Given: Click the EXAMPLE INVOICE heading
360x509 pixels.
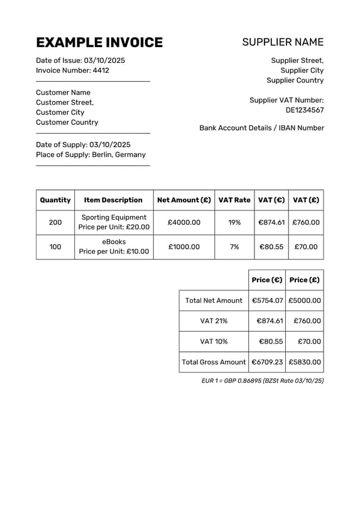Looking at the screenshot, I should (99, 43).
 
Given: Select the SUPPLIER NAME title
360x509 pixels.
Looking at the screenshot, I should (283, 43).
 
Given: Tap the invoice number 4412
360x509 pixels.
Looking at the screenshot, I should (101, 70).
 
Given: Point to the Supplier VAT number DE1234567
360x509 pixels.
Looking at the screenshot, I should (305, 110).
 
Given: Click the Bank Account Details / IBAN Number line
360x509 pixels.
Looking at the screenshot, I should (261, 128).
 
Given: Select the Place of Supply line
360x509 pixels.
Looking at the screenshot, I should (90, 155).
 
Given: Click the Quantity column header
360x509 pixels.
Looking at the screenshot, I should (55, 200).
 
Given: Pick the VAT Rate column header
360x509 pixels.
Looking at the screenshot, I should (234, 200).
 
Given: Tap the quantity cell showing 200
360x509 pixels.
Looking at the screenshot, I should (55, 222).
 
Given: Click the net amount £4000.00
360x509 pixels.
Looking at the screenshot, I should (184, 222).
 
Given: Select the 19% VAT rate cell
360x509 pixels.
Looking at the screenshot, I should (234, 222).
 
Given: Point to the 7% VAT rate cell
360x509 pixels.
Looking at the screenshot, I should (234, 247).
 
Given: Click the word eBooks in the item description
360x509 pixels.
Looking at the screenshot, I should (114, 242).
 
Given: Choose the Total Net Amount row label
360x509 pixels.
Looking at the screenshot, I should (214, 300).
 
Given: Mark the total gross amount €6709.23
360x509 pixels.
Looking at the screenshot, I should (268, 362).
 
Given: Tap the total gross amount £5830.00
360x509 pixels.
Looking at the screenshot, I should (305, 362).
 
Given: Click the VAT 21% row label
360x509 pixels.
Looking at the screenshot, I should (214, 321).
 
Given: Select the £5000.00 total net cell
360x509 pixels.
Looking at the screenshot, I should (305, 300).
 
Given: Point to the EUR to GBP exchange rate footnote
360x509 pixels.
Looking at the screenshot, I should (263, 381).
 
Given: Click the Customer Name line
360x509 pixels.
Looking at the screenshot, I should (63, 92).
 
